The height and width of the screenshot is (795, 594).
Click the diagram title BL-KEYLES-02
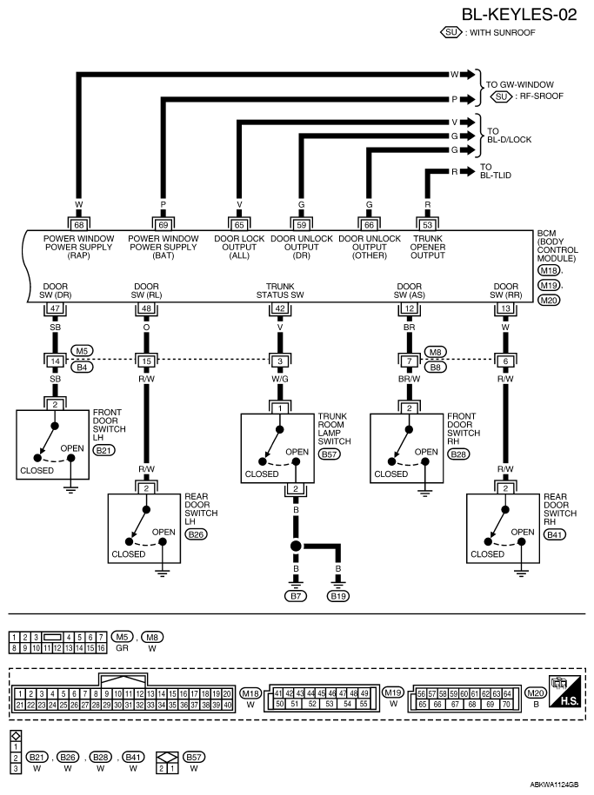click(519, 14)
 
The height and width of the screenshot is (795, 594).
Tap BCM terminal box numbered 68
click(78, 225)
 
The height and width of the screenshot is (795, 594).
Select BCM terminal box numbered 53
click(428, 225)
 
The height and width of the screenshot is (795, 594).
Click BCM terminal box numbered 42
click(280, 308)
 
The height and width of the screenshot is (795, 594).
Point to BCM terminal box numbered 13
click(505, 308)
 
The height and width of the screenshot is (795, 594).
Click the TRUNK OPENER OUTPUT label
click(428, 247)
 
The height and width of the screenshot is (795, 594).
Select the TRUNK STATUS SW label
click(280, 290)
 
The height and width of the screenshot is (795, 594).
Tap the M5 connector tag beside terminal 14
click(82, 351)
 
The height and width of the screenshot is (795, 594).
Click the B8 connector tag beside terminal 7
click(435, 367)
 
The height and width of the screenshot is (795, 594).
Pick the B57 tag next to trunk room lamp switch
click(329, 454)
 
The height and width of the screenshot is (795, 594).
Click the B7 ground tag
click(296, 596)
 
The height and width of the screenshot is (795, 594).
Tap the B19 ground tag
click(338, 596)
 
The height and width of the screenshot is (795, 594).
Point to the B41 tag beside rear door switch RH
click(554, 534)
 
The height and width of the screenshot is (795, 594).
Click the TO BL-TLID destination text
click(496, 171)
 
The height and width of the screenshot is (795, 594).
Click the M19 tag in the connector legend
click(393, 692)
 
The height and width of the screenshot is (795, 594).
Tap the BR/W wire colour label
click(410, 379)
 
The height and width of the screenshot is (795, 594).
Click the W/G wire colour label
click(280, 379)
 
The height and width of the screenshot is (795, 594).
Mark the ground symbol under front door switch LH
click(71, 490)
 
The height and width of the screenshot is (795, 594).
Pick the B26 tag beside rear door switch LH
click(196, 534)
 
